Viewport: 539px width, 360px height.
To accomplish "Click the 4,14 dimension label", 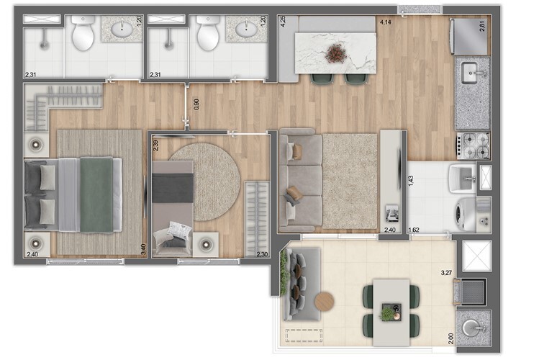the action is pyautogui.click(x=385, y=22).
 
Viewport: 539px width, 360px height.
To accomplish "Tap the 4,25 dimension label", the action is pyautogui.click(x=283, y=21).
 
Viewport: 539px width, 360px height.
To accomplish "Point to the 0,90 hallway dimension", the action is pyautogui.click(x=196, y=104).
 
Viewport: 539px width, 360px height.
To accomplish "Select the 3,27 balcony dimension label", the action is pyautogui.click(x=446, y=273).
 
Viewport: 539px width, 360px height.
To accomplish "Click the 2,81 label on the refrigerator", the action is pyautogui.click(x=482, y=27).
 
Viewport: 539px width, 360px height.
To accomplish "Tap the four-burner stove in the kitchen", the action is pyautogui.click(x=473, y=145).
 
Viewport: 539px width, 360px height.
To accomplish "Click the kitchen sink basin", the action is pyautogui.click(x=470, y=73).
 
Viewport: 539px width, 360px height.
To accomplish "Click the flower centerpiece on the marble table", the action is pyautogui.click(x=335, y=53).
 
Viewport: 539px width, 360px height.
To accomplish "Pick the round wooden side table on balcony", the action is pyautogui.click(x=324, y=302).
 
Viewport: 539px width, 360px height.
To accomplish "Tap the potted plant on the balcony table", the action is pyautogui.click(x=387, y=313).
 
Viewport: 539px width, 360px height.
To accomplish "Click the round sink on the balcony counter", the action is pyautogui.click(x=471, y=328).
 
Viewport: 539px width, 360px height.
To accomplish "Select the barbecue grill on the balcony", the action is pyautogui.click(x=471, y=292).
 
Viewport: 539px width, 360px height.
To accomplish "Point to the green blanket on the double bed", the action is pyautogui.click(x=96, y=194).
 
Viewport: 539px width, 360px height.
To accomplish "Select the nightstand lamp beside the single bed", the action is pyautogui.click(x=206, y=245).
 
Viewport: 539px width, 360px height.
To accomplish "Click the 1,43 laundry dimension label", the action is pyautogui.click(x=412, y=181).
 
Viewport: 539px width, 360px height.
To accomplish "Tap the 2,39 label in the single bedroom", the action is pyautogui.click(x=156, y=145).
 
